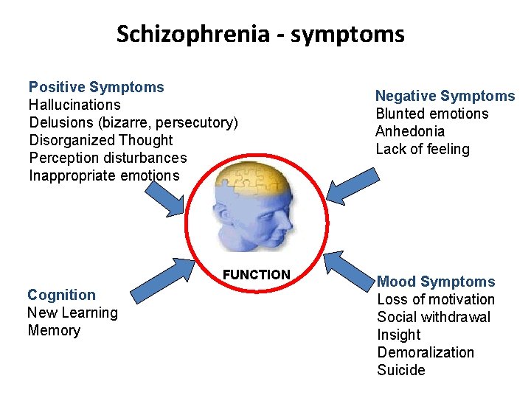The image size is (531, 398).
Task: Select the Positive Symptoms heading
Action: coord(96,87)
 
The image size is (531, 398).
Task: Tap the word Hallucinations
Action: coord(74,105)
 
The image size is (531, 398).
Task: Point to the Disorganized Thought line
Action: coord(100,140)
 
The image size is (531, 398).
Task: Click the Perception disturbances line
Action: coord(108,158)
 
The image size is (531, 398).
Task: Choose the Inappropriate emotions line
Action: coord(104,175)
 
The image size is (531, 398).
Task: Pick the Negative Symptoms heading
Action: coord(445,96)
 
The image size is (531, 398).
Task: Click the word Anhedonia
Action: coord(410,131)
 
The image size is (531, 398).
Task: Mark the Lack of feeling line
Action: coord(423,149)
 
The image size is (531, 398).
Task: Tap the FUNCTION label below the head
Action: coord(256,275)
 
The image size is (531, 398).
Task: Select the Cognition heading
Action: coord(61,295)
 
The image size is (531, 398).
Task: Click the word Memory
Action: coord(54,330)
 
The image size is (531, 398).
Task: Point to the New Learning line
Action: coord(72,313)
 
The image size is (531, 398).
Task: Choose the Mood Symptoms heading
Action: coord(436,282)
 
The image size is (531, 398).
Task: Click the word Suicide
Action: coord(401,370)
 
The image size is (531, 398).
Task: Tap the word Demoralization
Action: coord(426,352)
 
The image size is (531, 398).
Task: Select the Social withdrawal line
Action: coord(434,317)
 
